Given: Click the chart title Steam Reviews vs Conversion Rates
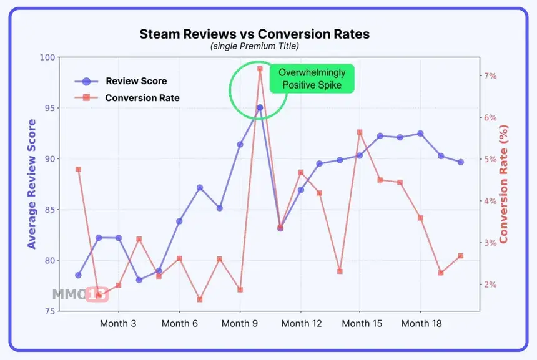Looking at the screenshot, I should (x=254, y=34).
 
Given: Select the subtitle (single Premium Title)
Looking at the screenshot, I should (x=254, y=46).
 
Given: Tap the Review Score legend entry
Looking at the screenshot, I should (x=136, y=81).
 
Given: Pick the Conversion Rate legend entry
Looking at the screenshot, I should (x=142, y=97).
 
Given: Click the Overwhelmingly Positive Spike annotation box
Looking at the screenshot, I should (x=312, y=79).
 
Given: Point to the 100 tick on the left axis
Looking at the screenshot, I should (x=47, y=57).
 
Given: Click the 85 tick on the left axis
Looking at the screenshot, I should (x=49, y=210).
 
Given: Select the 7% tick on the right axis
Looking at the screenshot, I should (x=490, y=76).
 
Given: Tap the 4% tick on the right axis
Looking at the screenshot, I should (x=490, y=201).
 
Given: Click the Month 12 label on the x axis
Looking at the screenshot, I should (x=301, y=323).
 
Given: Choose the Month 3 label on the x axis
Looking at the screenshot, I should (x=119, y=323).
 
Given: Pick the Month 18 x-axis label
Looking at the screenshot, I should (x=420, y=323).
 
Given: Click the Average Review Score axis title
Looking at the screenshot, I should (x=31, y=184).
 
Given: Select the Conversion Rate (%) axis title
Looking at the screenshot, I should (x=504, y=184).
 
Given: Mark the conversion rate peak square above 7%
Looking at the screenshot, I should (x=260, y=69).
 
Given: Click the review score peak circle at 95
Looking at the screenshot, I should (x=260, y=107).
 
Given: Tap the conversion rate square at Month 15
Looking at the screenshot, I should (x=360, y=132).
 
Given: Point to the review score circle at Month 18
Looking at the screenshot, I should (x=420, y=134).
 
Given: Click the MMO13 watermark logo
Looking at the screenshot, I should (x=80, y=294).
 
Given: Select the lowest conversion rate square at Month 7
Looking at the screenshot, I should (x=200, y=299).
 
